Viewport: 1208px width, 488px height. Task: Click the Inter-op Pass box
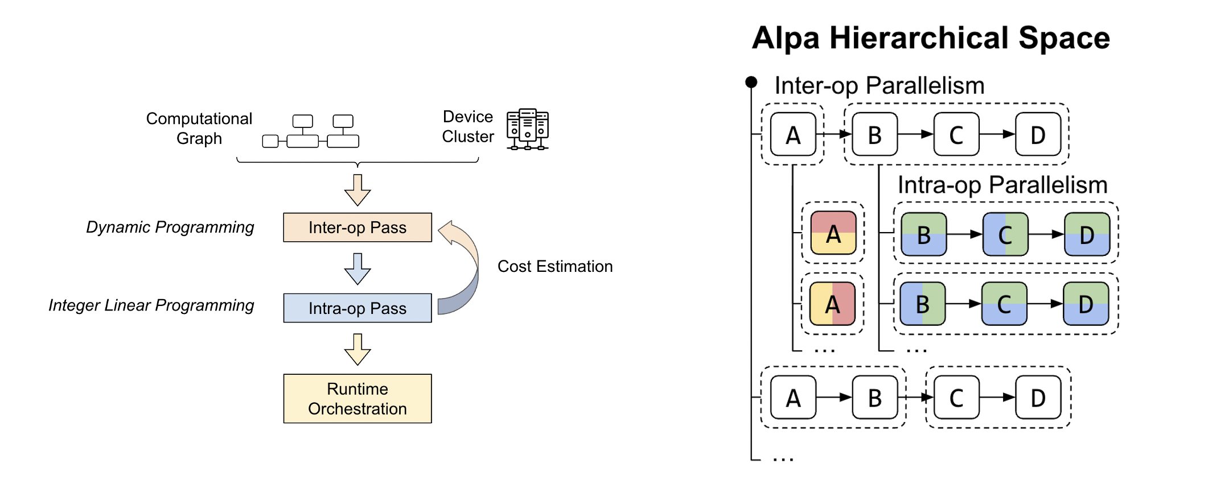pyautogui.click(x=358, y=228)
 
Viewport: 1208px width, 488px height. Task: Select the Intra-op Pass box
pyautogui.click(x=358, y=308)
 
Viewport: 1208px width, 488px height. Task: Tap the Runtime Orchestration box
pyautogui.click(x=358, y=399)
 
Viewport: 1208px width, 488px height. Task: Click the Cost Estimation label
pyautogui.click(x=555, y=266)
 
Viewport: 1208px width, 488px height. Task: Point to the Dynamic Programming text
pyautogui.click(x=170, y=227)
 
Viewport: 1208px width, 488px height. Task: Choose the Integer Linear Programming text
pyautogui.click(x=151, y=305)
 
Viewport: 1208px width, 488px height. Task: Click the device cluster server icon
pyautogui.click(x=528, y=129)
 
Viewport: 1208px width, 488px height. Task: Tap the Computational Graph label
pyautogui.click(x=199, y=128)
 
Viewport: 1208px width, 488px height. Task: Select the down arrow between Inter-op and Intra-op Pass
pyautogui.click(x=358, y=269)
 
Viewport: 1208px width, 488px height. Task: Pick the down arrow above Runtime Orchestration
pyautogui.click(x=358, y=349)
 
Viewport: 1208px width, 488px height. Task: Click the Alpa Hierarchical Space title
pyautogui.click(x=931, y=38)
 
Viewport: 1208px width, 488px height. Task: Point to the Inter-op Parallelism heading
pyautogui.click(x=880, y=85)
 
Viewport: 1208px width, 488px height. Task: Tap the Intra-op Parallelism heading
pyautogui.click(x=1002, y=185)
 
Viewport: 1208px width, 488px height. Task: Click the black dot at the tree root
pyautogui.click(x=751, y=82)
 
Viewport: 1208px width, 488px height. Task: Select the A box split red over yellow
pyautogui.click(x=833, y=233)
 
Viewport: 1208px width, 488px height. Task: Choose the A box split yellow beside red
pyautogui.click(x=832, y=304)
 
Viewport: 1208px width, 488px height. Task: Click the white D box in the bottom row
pyautogui.click(x=1038, y=398)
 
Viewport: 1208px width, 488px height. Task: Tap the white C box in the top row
pyautogui.click(x=956, y=134)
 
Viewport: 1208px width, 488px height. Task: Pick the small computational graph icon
pyautogui.click(x=311, y=131)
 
